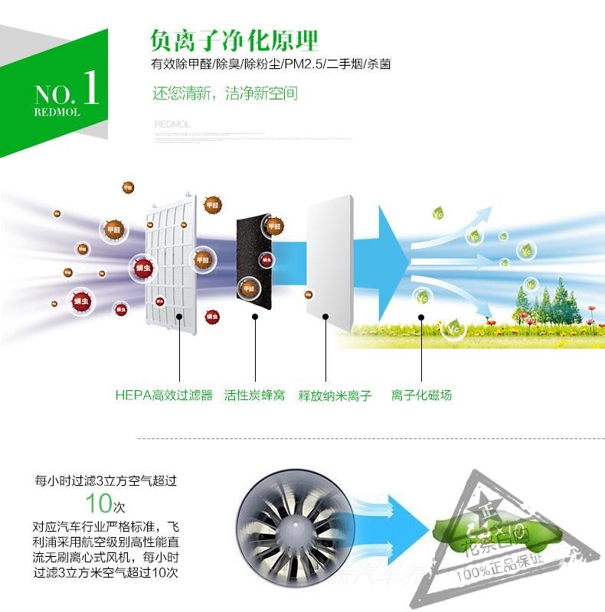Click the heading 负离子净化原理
235,39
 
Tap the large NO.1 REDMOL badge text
67,95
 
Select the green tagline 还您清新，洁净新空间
225,94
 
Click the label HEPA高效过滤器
163,396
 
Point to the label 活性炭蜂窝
254,396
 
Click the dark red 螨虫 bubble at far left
81,301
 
